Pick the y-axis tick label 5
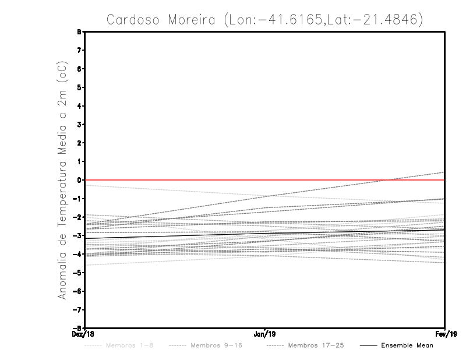(x=79, y=87)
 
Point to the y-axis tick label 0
(x=79, y=180)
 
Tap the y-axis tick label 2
(x=79, y=143)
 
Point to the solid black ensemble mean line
(x=265, y=233)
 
